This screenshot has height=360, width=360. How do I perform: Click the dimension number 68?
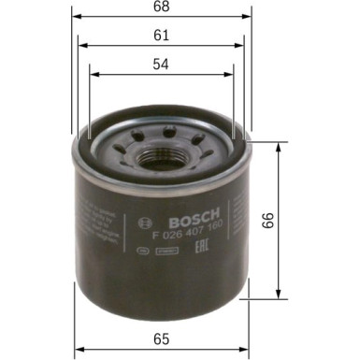(161, 9)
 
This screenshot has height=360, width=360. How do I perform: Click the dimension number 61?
(161, 35)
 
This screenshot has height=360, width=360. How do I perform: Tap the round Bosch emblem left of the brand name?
(143, 222)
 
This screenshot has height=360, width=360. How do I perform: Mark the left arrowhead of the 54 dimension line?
(93, 69)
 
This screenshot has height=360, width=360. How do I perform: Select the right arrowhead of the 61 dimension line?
(240, 44)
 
